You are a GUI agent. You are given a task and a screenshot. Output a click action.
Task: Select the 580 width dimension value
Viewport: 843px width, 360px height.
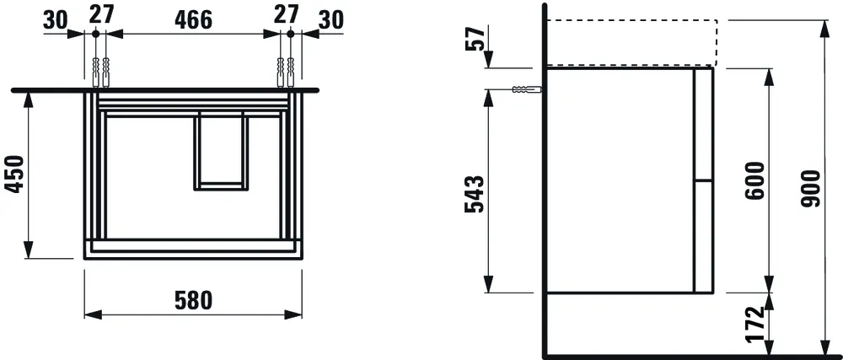pos(193,300)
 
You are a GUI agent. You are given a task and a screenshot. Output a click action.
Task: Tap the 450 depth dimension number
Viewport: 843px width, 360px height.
pos(13,175)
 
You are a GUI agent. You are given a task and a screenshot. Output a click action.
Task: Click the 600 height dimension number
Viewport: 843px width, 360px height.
pos(754,180)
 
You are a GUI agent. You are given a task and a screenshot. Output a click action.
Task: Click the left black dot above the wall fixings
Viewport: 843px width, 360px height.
pos(96,33)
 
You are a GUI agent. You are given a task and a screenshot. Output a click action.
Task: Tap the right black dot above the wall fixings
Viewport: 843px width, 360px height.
pos(289,33)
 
